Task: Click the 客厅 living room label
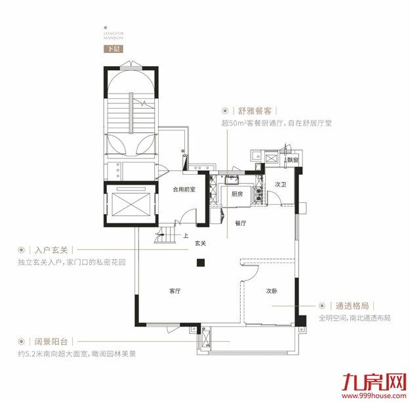point(174,291)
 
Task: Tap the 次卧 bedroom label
point(272,291)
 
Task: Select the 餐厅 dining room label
point(239,223)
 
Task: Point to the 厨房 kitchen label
point(237,194)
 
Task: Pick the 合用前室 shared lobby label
point(185,191)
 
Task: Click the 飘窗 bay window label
point(293,160)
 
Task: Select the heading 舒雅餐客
point(255,111)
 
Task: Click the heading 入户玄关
point(52,250)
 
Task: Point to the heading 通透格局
point(352,306)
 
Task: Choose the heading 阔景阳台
point(52,342)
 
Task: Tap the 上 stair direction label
point(186,236)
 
